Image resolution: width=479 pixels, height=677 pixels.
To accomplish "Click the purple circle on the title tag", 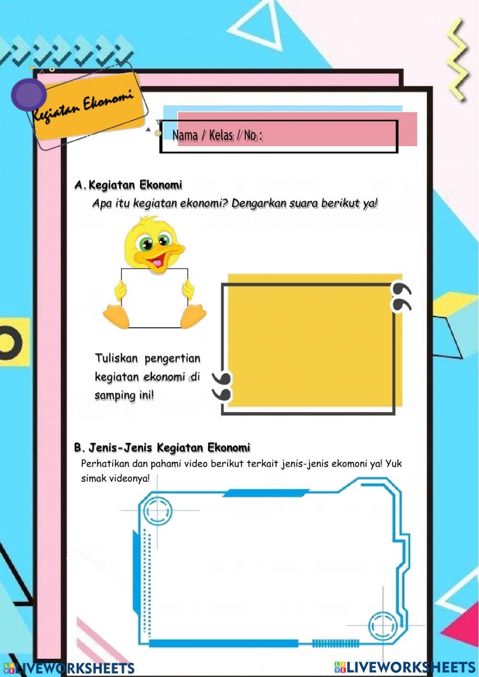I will pos(29,94).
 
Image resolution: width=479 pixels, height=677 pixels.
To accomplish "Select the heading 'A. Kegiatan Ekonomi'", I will pos(128,185).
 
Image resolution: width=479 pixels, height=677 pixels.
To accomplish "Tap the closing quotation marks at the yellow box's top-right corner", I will pos(401,297).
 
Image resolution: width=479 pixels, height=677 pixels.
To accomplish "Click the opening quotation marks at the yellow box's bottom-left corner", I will pos(222,386).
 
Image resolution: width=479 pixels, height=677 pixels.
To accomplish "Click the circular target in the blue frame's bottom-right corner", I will pos(383,626).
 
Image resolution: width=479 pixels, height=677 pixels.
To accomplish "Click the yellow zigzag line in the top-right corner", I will pos(457,60).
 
